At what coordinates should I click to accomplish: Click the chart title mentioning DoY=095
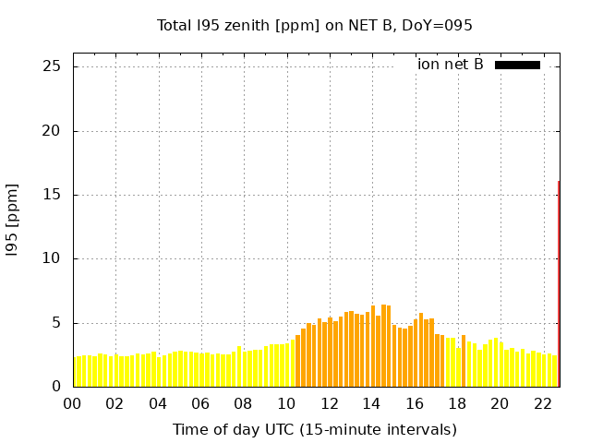click(315, 25)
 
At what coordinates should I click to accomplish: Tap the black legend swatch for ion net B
click(517, 65)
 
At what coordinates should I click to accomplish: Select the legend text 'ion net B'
click(450, 65)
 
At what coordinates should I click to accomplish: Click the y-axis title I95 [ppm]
click(13, 225)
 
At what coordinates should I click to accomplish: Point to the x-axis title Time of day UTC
click(315, 429)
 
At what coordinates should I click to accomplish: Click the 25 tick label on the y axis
click(52, 66)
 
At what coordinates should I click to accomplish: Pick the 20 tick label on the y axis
click(52, 131)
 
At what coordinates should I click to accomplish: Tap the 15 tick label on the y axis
click(52, 195)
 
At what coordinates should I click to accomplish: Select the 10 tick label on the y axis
click(52, 259)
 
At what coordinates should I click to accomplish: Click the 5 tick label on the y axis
click(56, 323)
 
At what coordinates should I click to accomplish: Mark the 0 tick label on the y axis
click(56, 387)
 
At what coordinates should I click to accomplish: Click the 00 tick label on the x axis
click(73, 403)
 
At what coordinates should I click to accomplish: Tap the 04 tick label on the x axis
click(158, 403)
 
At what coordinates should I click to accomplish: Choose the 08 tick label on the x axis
click(244, 403)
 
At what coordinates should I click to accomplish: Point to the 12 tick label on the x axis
click(329, 403)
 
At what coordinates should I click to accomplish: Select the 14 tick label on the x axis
click(371, 403)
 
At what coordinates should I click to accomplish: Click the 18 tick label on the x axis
click(457, 403)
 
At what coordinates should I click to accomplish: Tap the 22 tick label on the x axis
click(542, 403)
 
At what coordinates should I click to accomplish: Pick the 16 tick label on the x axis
click(415, 403)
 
